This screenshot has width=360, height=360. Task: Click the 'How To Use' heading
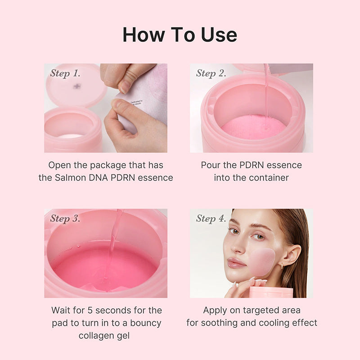(x=180, y=35)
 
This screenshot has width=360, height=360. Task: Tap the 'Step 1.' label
(x=65, y=73)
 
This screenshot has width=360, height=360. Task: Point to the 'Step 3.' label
(x=65, y=219)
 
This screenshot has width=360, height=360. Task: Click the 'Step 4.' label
(x=211, y=219)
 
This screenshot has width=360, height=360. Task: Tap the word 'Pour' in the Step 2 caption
(x=211, y=165)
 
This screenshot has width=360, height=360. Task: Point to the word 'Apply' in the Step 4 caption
(x=215, y=310)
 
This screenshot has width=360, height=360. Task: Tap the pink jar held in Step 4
(x=271, y=292)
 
